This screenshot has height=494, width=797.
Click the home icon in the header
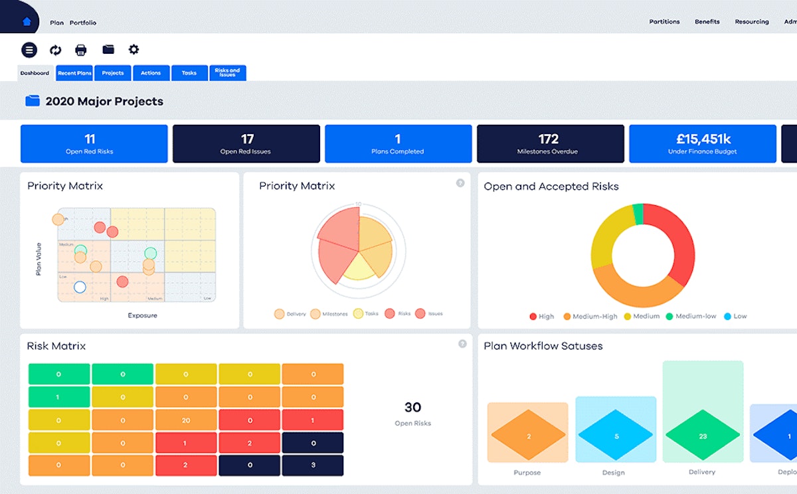point(27,21)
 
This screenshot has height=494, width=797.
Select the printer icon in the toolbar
point(81,50)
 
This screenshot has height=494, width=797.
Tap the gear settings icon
point(133,50)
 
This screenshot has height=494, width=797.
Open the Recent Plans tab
point(74,73)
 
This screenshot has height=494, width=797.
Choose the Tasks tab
point(189,73)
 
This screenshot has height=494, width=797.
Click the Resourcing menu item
point(752,22)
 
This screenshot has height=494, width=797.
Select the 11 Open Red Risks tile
point(94,143)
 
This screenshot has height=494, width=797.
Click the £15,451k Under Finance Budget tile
point(702,143)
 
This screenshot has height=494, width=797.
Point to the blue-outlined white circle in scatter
point(80,287)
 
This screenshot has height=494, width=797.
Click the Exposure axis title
point(142,315)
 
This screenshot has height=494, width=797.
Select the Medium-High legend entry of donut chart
point(590,316)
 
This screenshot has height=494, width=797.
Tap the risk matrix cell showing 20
point(186,420)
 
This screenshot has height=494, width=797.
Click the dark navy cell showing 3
point(313,465)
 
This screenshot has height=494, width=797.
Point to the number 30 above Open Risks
point(412,407)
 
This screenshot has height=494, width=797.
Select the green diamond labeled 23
point(703,436)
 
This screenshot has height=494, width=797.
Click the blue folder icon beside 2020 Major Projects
point(33,101)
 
